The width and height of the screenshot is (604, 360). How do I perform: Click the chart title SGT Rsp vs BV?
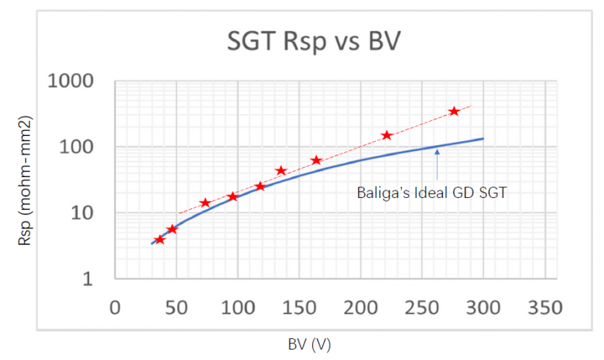tap(314, 42)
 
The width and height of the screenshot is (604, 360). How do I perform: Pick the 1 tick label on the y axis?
tap(98, 279)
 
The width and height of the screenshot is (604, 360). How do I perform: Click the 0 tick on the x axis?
tap(114, 308)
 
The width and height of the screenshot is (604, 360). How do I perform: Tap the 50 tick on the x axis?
tap(175, 308)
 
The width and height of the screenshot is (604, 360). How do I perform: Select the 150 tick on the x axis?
tap(299, 308)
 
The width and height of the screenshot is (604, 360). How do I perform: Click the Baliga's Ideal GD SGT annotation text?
tap(432, 193)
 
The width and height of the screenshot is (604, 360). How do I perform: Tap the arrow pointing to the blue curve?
tap(437, 164)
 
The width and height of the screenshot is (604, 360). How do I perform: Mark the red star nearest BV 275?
tap(454, 111)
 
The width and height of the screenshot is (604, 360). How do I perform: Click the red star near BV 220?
tap(387, 135)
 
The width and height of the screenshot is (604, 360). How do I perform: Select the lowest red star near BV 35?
tap(159, 240)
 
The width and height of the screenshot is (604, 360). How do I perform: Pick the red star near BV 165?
tap(317, 161)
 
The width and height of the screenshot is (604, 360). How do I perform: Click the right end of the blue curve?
tap(483, 139)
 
